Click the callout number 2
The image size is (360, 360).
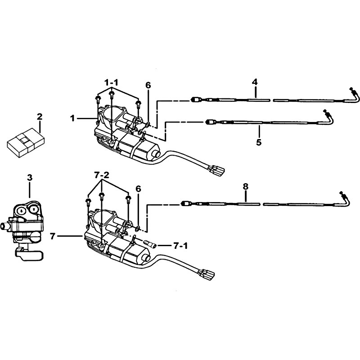tap(40, 117)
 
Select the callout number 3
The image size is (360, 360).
tap(30, 177)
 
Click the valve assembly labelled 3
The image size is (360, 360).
tap(25, 230)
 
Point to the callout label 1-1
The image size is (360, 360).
tap(111, 82)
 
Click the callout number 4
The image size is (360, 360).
tap(255, 82)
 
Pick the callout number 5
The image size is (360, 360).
tap(259, 143)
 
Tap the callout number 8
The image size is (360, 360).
tap(246, 186)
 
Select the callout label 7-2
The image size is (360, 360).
tap(102, 175)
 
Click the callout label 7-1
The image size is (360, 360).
tap(180, 246)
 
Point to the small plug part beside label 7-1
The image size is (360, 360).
tap(150, 244)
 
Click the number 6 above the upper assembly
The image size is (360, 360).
tap(148, 85)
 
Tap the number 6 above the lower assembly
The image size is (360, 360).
tap(138, 189)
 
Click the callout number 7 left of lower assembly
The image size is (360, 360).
tap(53, 236)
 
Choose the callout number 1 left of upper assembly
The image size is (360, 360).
tap(72, 118)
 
